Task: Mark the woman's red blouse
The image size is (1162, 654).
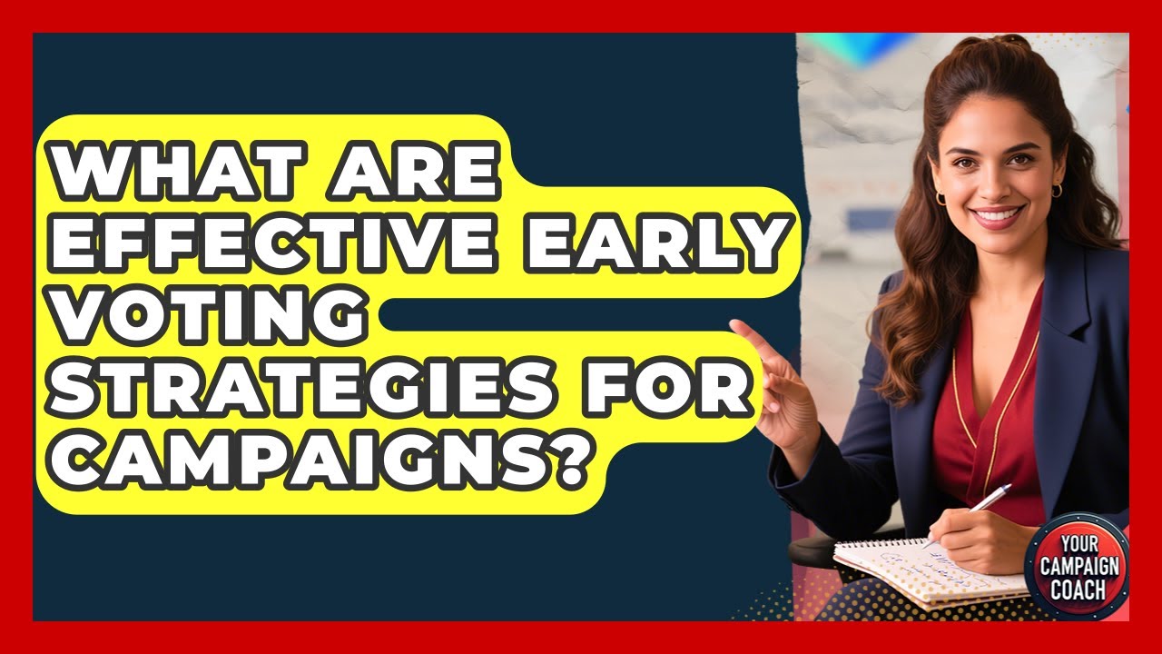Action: (990, 400)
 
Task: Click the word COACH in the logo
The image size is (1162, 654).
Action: (1077, 590)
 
